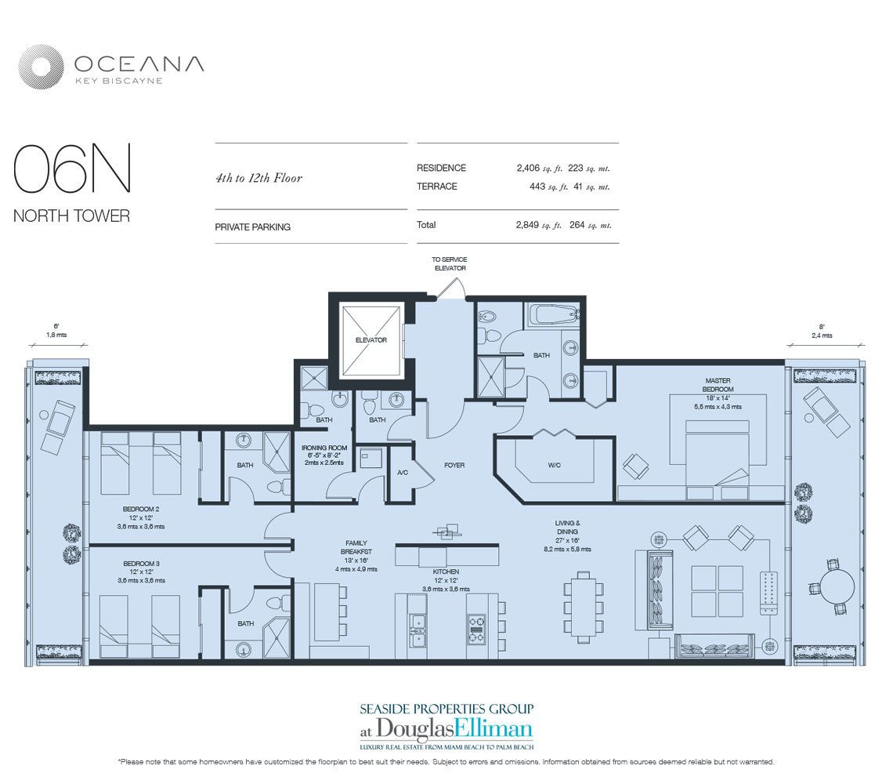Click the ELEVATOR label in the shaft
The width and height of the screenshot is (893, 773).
pos(371,340)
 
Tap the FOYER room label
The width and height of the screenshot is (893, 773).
pos(454,465)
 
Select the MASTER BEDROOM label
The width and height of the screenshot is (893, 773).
pos(718,385)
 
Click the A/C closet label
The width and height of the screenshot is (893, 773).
pos(403,473)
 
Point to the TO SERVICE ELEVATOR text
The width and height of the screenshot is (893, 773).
pos(449,263)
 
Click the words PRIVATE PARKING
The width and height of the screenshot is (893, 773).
pos(252,227)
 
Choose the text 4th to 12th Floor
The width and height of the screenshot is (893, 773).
pos(258,178)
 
